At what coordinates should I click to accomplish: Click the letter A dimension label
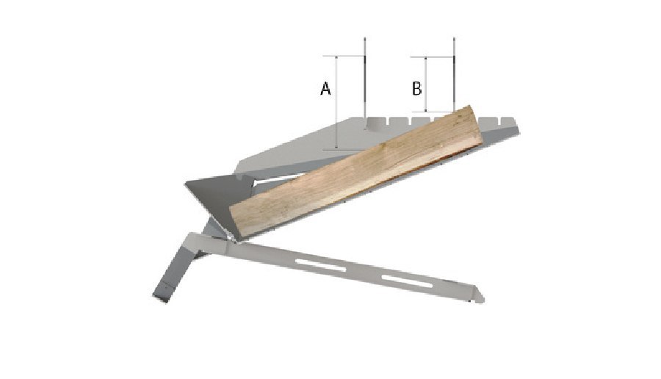pyautogui.click(x=325, y=89)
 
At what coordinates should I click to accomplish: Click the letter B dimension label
pyautogui.click(x=416, y=89)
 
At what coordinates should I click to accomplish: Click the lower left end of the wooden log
pyautogui.click(x=234, y=224)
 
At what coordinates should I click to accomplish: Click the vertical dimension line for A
pyautogui.click(x=336, y=102)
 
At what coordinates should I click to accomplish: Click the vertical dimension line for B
pyautogui.click(x=426, y=84)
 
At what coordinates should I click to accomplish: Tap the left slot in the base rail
pyautogui.click(x=321, y=267)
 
